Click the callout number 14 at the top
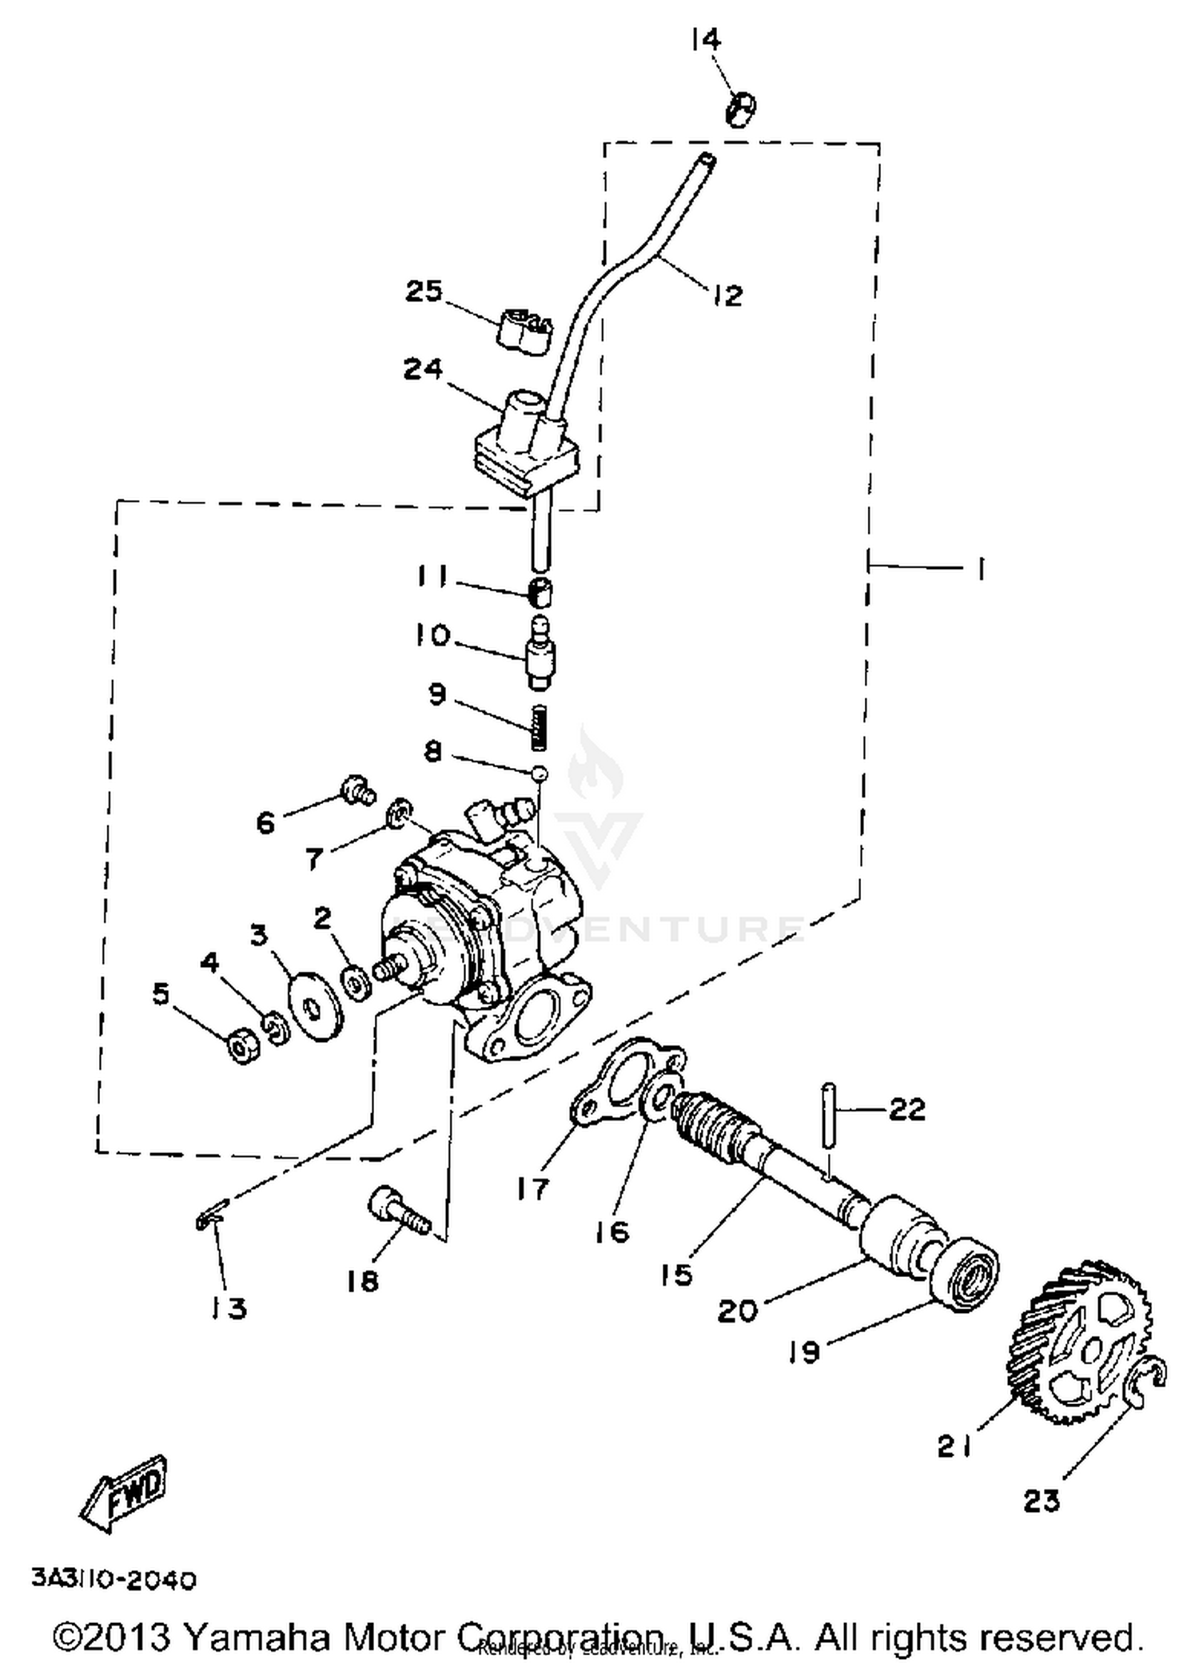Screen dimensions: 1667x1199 [x=707, y=40]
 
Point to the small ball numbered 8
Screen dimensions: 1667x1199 [x=540, y=773]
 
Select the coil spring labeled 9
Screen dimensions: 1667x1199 [x=540, y=727]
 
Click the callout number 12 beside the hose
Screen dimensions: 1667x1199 [x=727, y=296]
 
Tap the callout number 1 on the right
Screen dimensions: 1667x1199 [x=980, y=569]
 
